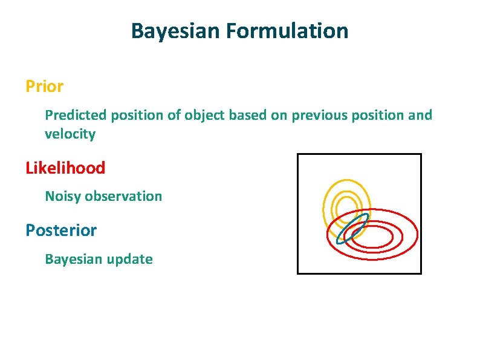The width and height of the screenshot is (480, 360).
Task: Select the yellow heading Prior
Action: tap(44, 87)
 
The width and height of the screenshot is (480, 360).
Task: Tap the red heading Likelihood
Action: tap(65, 168)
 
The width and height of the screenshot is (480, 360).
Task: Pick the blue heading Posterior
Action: tap(60, 231)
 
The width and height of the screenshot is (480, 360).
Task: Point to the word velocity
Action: tap(70, 134)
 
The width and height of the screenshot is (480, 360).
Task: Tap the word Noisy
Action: tap(63, 196)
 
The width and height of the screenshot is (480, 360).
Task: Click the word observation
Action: tap(123, 196)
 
